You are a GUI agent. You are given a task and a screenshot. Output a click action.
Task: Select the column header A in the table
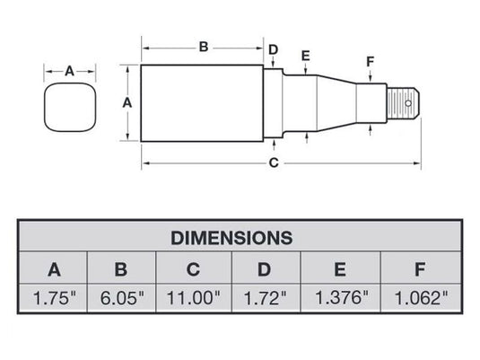[55, 268]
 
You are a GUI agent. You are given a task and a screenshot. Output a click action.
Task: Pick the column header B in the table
[122, 268]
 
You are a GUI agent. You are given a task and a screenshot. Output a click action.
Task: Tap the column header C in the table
[194, 268]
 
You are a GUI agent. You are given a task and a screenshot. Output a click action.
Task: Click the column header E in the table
[341, 268]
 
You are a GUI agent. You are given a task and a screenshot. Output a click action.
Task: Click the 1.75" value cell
[55, 297]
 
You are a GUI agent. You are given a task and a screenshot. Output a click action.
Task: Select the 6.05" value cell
[122, 297]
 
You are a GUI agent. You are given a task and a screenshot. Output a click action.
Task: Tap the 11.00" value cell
[194, 297]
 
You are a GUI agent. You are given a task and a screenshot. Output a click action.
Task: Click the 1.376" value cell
[341, 297]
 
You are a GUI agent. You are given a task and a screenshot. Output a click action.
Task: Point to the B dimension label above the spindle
[203, 46]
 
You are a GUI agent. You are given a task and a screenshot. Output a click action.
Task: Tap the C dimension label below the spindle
[275, 162]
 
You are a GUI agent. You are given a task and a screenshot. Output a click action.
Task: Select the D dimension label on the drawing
[274, 48]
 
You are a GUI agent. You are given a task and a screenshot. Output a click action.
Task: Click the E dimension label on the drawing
[306, 57]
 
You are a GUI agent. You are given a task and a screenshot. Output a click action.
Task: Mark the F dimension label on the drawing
[370, 61]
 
